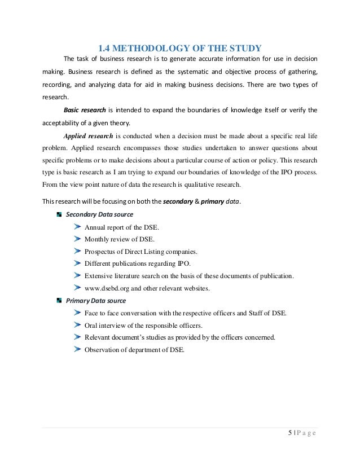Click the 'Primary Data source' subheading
pos(96,301)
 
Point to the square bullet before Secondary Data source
pos(59,214)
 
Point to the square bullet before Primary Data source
pos(59,301)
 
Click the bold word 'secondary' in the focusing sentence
pos(178,202)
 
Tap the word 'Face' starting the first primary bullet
pos(92,313)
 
